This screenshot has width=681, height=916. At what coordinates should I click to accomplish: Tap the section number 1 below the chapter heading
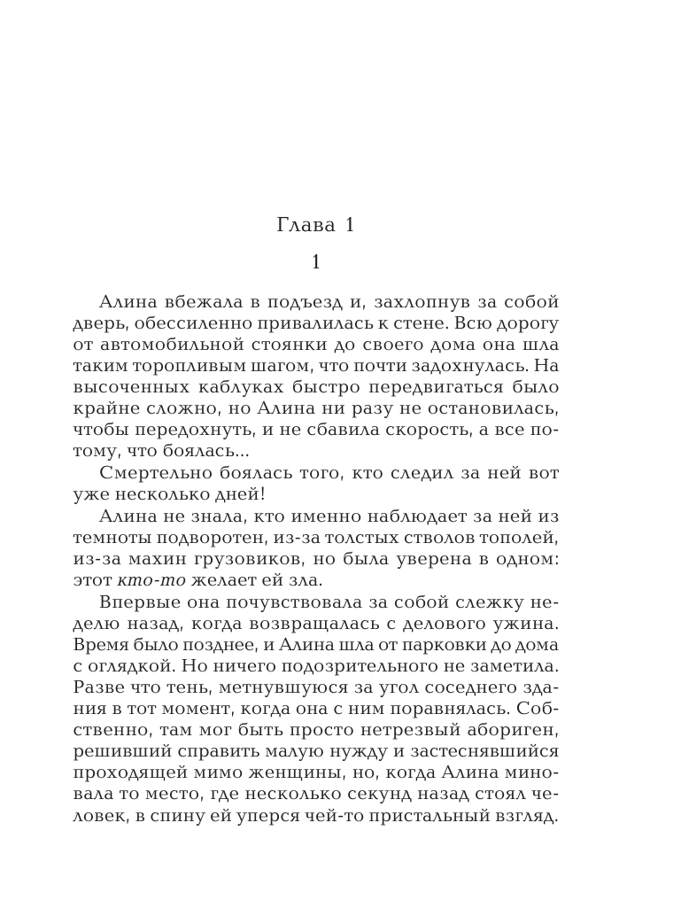(316, 263)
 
